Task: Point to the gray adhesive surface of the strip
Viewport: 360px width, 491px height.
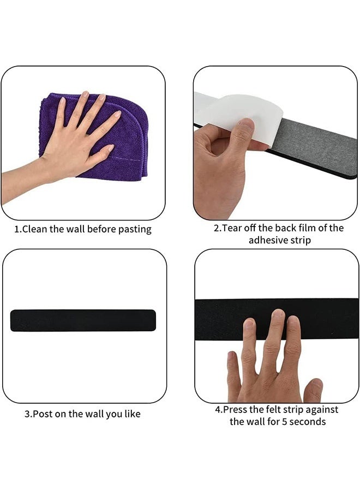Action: (316, 147)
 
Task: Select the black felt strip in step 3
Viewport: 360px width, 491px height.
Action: (83, 320)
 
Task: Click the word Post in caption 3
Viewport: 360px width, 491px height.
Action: (43, 414)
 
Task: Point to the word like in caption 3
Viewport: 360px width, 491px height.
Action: (131, 414)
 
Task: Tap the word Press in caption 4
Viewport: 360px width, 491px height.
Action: (235, 409)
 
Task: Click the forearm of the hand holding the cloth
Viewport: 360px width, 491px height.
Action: (22, 183)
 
